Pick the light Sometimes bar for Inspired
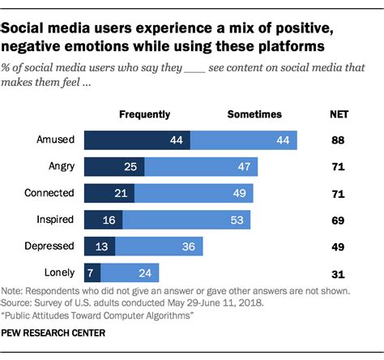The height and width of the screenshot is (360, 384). pyautogui.click(x=187, y=219)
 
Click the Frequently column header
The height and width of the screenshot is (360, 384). pyautogui.click(x=146, y=114)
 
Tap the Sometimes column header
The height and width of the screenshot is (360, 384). pyautogui.click(x=254, y=114)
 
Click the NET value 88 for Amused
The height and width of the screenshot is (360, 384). pyautogui.click(x=339, y=139)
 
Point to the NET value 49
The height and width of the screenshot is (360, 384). pyautogui.click(x=339, y=245)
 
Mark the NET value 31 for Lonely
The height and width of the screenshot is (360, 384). pyautogui.click(x=339, y=272)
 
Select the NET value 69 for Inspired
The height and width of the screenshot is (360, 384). pyautogui.click(x=339, y=219)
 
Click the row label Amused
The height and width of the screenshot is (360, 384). pyautogui.click(x=55, y=139)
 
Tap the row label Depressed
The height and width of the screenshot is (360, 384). pyautogui.click(x=50, y=245)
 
